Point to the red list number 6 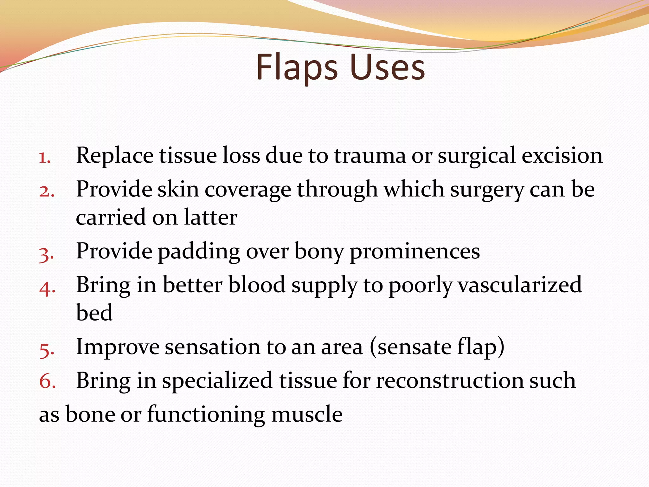point(47,381)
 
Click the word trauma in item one point(369,156)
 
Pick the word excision point(562,156)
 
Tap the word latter point(211,218)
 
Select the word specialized point(217,381)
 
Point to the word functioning point(206,415)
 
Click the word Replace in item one point(115,156)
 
